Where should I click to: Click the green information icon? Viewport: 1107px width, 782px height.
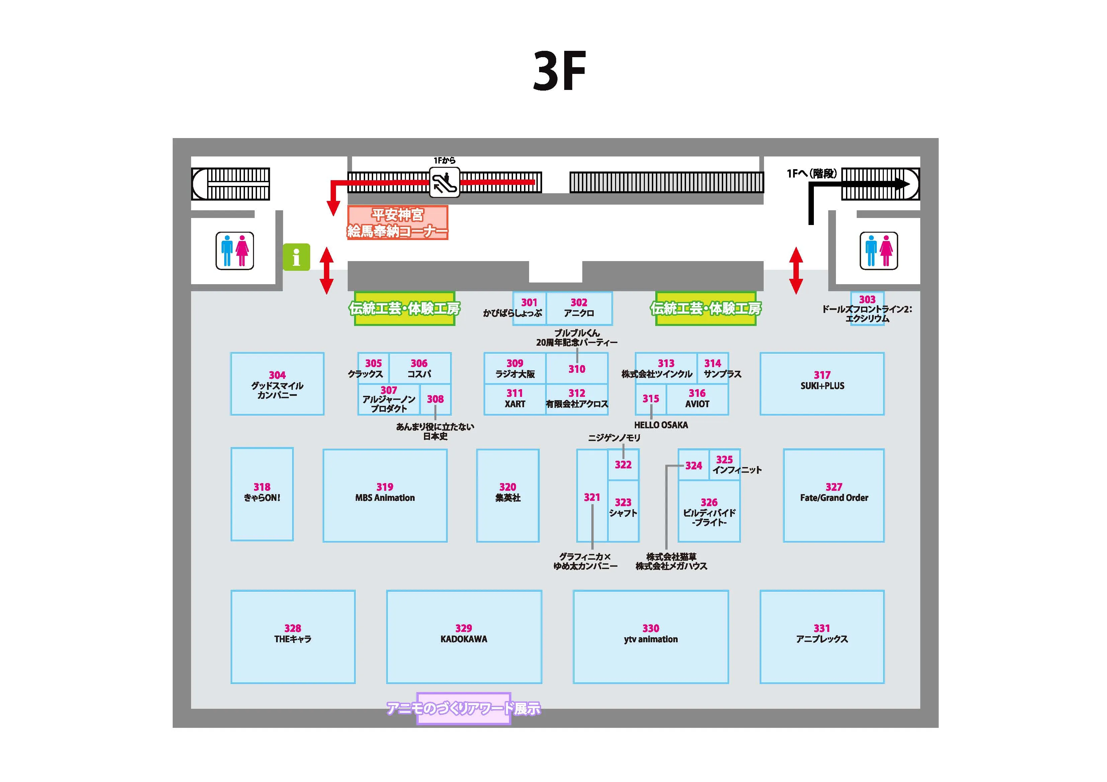coord(296,257)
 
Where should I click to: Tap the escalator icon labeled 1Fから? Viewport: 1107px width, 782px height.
coord(444,182)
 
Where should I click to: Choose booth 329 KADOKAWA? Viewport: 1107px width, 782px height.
coord(464,637)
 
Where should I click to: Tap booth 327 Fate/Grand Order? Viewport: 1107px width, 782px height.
coord(834,495)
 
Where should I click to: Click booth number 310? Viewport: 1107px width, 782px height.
coord(577,369)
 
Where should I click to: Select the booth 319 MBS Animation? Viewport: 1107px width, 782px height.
coord(385,495)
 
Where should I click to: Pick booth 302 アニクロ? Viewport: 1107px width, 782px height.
coord(579,308)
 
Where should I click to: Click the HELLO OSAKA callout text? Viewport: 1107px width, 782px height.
coord(661,425)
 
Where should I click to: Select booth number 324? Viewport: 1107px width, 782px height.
coord(693,465)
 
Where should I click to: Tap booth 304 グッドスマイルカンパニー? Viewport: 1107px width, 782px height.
coord(277,383)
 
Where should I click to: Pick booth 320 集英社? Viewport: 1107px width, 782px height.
coord(508,495)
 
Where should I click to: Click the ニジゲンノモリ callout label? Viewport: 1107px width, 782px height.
coord(614,438)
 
